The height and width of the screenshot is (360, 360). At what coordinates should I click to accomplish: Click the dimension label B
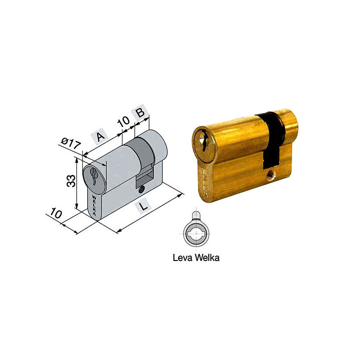(x=140, y=112)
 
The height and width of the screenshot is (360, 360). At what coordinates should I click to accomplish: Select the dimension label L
(x=143, y=206)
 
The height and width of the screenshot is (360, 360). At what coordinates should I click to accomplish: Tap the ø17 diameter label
(x=71, y=144)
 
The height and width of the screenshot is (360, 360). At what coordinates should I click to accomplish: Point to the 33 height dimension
(x=71, y=181)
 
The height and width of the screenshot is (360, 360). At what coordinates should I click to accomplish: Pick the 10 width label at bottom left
(x=56, y=213)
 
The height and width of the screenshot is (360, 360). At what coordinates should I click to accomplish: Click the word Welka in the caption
(x=207, y=257)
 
